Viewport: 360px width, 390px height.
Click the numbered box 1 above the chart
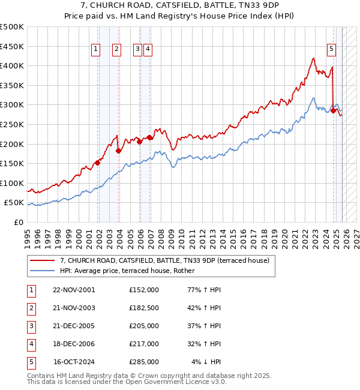pos(96,50)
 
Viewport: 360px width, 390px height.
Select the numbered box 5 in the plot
pos(331,50)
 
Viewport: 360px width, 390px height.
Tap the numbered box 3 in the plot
pos(137,50)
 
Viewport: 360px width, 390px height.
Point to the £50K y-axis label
pos(14,203)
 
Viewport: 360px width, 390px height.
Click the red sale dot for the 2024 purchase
pos(333,110)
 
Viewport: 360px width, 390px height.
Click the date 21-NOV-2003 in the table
pos(74,308)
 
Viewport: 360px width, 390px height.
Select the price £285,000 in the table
pos(144,362)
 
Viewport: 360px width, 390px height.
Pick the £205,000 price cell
pos(144,326)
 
